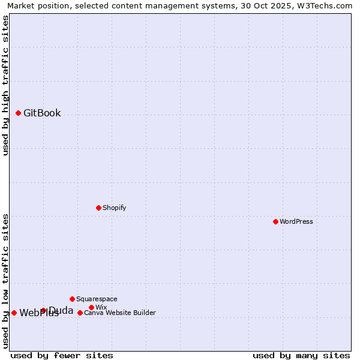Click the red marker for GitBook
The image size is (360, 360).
tap(18, 113)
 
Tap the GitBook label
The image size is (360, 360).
tap(42, 113)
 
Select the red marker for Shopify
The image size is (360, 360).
tap(98, 208)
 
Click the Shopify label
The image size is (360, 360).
tap(114, 208)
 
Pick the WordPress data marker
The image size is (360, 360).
tap(275, 221)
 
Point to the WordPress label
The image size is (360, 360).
tap(296, 221)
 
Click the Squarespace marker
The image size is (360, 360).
tap(72, 299)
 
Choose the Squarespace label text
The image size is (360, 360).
tap(97, 299)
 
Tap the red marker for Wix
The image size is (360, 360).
tap(91, 307)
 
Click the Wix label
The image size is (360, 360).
tap(101, 307)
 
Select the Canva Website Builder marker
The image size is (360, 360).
tap(80, 313)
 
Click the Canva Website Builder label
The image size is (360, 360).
tap(120, 313)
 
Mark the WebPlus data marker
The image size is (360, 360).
tap(14, 313)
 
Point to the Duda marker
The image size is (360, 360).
tap(43, 310)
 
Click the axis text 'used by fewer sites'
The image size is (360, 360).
tap(62, 355)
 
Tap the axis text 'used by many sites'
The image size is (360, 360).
tap(301, 355)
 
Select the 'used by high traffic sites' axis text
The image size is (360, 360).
tap(5, 85)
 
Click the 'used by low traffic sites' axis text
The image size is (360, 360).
tap(5, 280)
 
